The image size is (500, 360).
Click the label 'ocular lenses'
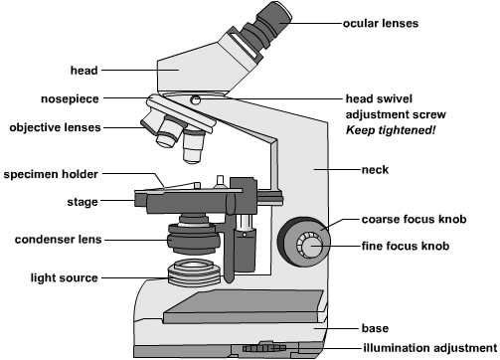click(x=381, y=23)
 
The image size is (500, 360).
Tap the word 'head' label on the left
click(x=84, y=71)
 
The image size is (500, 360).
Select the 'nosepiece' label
click(x=70, y=99)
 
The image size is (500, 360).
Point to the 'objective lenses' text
click(x=55, y=127)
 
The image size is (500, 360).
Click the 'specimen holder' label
click(x=51, y=174)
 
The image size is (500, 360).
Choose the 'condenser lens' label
click(x=58, y=240)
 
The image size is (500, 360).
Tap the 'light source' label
click(x=65, y=277)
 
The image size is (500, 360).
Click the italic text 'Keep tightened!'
click(x=391, y=130)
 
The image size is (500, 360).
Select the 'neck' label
click(x=375, y=170)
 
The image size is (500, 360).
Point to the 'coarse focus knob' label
click(x=414, y=219)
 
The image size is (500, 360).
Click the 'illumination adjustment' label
click(x=430, y=348)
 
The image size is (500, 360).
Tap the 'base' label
click(x=375, y=328)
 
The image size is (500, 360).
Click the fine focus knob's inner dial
click(x=310, y=247)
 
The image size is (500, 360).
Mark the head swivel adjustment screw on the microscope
click(x=196, y=99)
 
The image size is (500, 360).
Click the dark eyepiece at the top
click(x=265, y=26)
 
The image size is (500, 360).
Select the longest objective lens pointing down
click(x=194, y=146)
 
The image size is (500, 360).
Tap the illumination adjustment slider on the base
click(x=264, y=348)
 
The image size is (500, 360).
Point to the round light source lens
click(x=194, y=272)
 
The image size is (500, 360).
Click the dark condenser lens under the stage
click(x=194, y=237)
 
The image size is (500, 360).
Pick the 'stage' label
click(x=83, y=202)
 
